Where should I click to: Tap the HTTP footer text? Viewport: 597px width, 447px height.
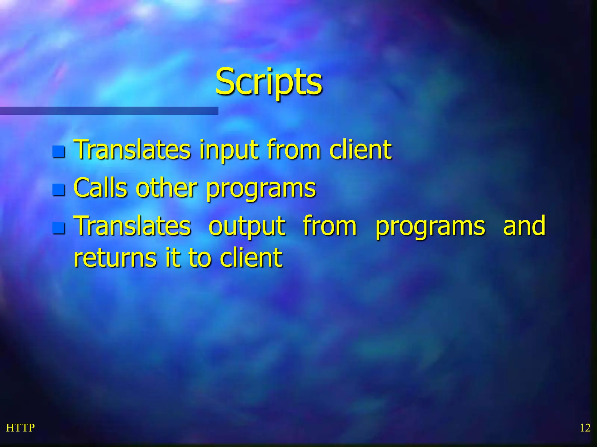tap(20, 428)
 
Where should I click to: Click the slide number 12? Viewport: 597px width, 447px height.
tap(585, 428)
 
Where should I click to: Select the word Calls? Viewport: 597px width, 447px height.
tap(101, 188)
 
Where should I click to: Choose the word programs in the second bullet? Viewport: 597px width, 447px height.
tap(261, 189)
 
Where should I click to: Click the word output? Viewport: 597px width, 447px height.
tap(247, 226)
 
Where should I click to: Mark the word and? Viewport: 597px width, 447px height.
tap(524, 226)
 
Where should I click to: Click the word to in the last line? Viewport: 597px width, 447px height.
tap(200, 258)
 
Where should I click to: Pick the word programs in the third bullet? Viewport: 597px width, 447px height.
tap(430, 227)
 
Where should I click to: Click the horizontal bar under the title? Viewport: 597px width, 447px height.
tap(109, 111)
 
